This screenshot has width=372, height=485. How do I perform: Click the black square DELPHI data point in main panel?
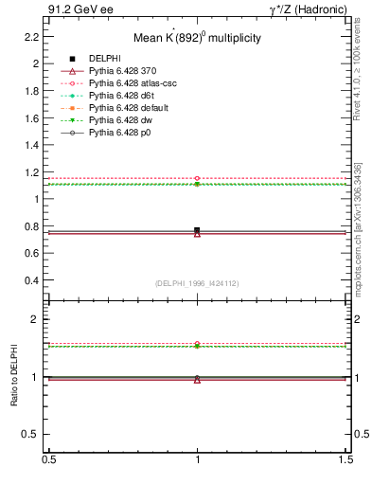[197, 230]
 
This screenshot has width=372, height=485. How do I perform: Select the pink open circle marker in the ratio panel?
[197, 344]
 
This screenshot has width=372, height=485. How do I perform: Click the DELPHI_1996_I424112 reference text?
[197, 283]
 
